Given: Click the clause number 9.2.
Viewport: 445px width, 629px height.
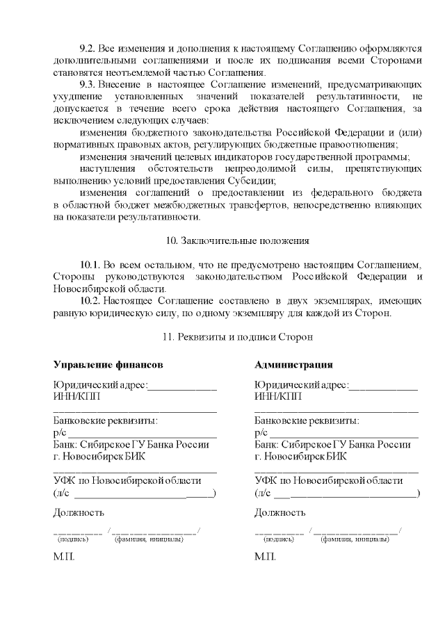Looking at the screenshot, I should pyautogui.click(x=88, y=50).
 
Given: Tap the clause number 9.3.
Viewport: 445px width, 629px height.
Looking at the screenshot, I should pyautogui.click(x=88, y=83).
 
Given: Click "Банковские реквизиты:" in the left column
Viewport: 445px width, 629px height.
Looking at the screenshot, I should pyautogui.click(x=105, y=420).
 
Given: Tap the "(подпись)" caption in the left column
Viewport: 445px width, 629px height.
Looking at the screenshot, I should pyautogui.click(x=72, y=539).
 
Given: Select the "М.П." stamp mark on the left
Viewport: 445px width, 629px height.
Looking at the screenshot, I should pyautogui.click(x=64, y=558).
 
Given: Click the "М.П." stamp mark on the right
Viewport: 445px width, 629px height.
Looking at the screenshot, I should pyautogui.click(x=266, y=558).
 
